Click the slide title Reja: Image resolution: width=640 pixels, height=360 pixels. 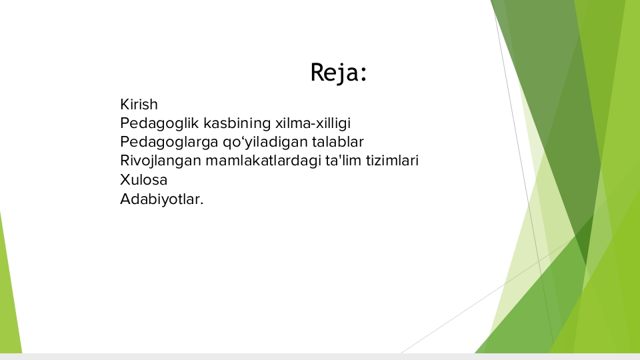[x=339, y=73]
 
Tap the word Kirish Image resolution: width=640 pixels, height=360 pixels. [x=139, y=105]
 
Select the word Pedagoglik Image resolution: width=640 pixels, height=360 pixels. [x=159, y=123]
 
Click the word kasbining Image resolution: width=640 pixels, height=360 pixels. [x=237, y=123]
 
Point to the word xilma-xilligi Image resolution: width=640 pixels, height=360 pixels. [x=313, y=123]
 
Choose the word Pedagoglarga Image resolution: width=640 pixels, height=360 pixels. [x=169, y=142]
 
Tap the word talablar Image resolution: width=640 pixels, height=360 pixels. [x=338, y=141]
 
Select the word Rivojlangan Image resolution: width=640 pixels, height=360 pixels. [x=161, y=161]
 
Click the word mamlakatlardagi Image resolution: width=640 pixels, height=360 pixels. [x=263, y=161]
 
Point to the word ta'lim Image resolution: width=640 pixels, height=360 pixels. [x=343, y=161]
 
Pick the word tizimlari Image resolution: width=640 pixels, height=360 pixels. [x=392, y=161]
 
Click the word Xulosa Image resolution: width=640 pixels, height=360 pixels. [x=144, y=179]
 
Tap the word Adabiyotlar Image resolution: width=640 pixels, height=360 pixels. [x=161, y=199]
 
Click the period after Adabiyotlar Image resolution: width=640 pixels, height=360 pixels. [x=201, y=204]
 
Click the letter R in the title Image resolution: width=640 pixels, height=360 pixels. [x=317, y=72]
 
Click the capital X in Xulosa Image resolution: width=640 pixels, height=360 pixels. [x=126, y=179]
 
